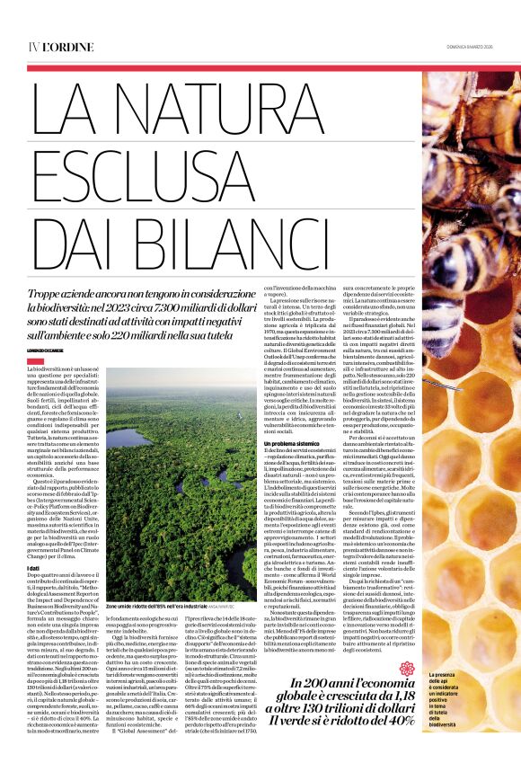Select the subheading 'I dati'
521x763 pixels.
[34, 568]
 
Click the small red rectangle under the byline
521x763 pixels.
[35, 361]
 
